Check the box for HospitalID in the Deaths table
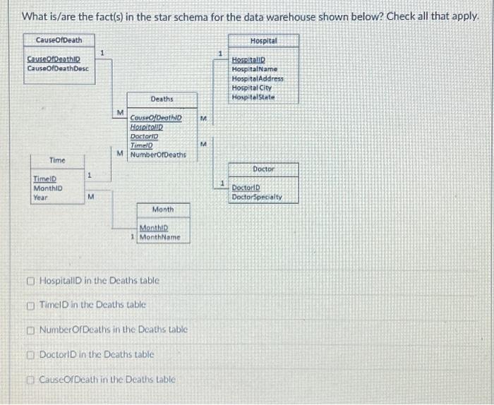[x=32, y=281]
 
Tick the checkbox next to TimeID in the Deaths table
[x=32, y=306]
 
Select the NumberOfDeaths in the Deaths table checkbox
[x=32, y=330]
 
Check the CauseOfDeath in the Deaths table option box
[x=32, y=380]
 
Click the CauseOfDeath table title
[x=59, y=40]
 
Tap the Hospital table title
[x=263, y=41]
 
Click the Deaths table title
[x=162, y=99]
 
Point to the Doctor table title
[x=263, y=169]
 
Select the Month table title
[x=162, y=210]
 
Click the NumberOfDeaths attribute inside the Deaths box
[x=158, y=154]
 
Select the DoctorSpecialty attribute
[x=257, y=197]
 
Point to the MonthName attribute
[x=160, y=237]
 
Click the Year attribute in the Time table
[x=40, y=198]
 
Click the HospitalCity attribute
[x=251, y=87]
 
